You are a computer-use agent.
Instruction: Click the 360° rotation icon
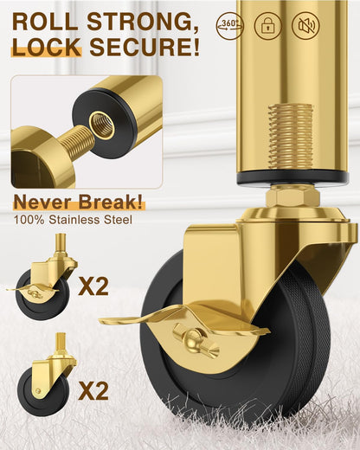(229, 25)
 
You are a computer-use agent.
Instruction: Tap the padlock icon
(267, 25)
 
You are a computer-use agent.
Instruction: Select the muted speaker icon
(305, 25)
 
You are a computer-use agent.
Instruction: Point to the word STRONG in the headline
(143, 22)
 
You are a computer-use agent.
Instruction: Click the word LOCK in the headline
(47, 47)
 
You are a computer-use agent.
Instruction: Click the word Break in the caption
(111, 202)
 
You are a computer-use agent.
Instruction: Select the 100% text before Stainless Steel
(29, 220)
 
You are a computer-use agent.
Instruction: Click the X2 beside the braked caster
(93, 286)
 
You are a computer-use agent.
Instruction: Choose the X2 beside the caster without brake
(93, 391)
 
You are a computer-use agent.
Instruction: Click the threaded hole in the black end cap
(101, 125)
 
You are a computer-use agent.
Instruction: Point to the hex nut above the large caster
(292, 196)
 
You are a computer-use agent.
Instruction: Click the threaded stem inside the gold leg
(291, 137)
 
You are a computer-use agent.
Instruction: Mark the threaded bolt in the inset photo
(77, 143)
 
